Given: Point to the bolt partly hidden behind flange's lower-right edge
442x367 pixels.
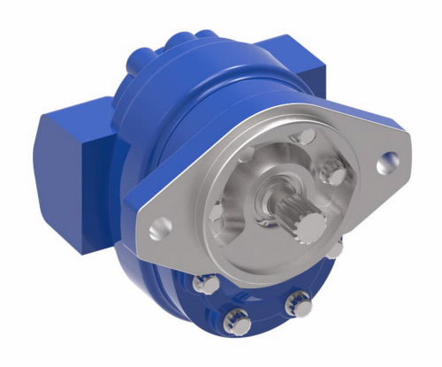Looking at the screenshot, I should point(335,250).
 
